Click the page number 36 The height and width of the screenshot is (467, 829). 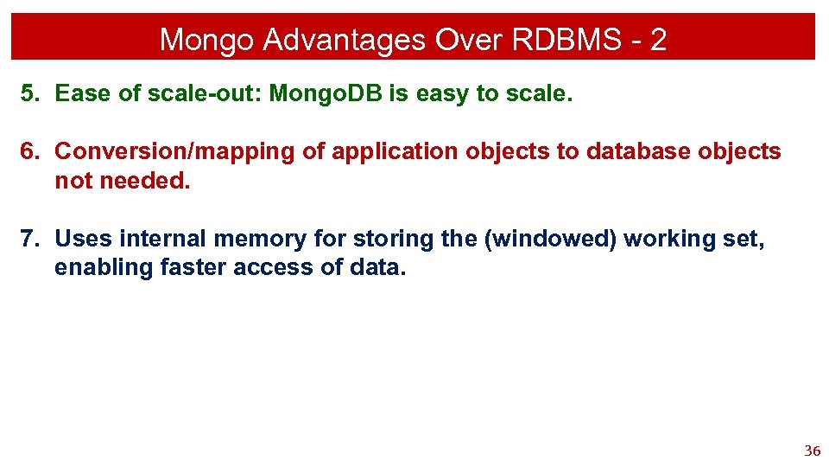coord(812,451)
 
